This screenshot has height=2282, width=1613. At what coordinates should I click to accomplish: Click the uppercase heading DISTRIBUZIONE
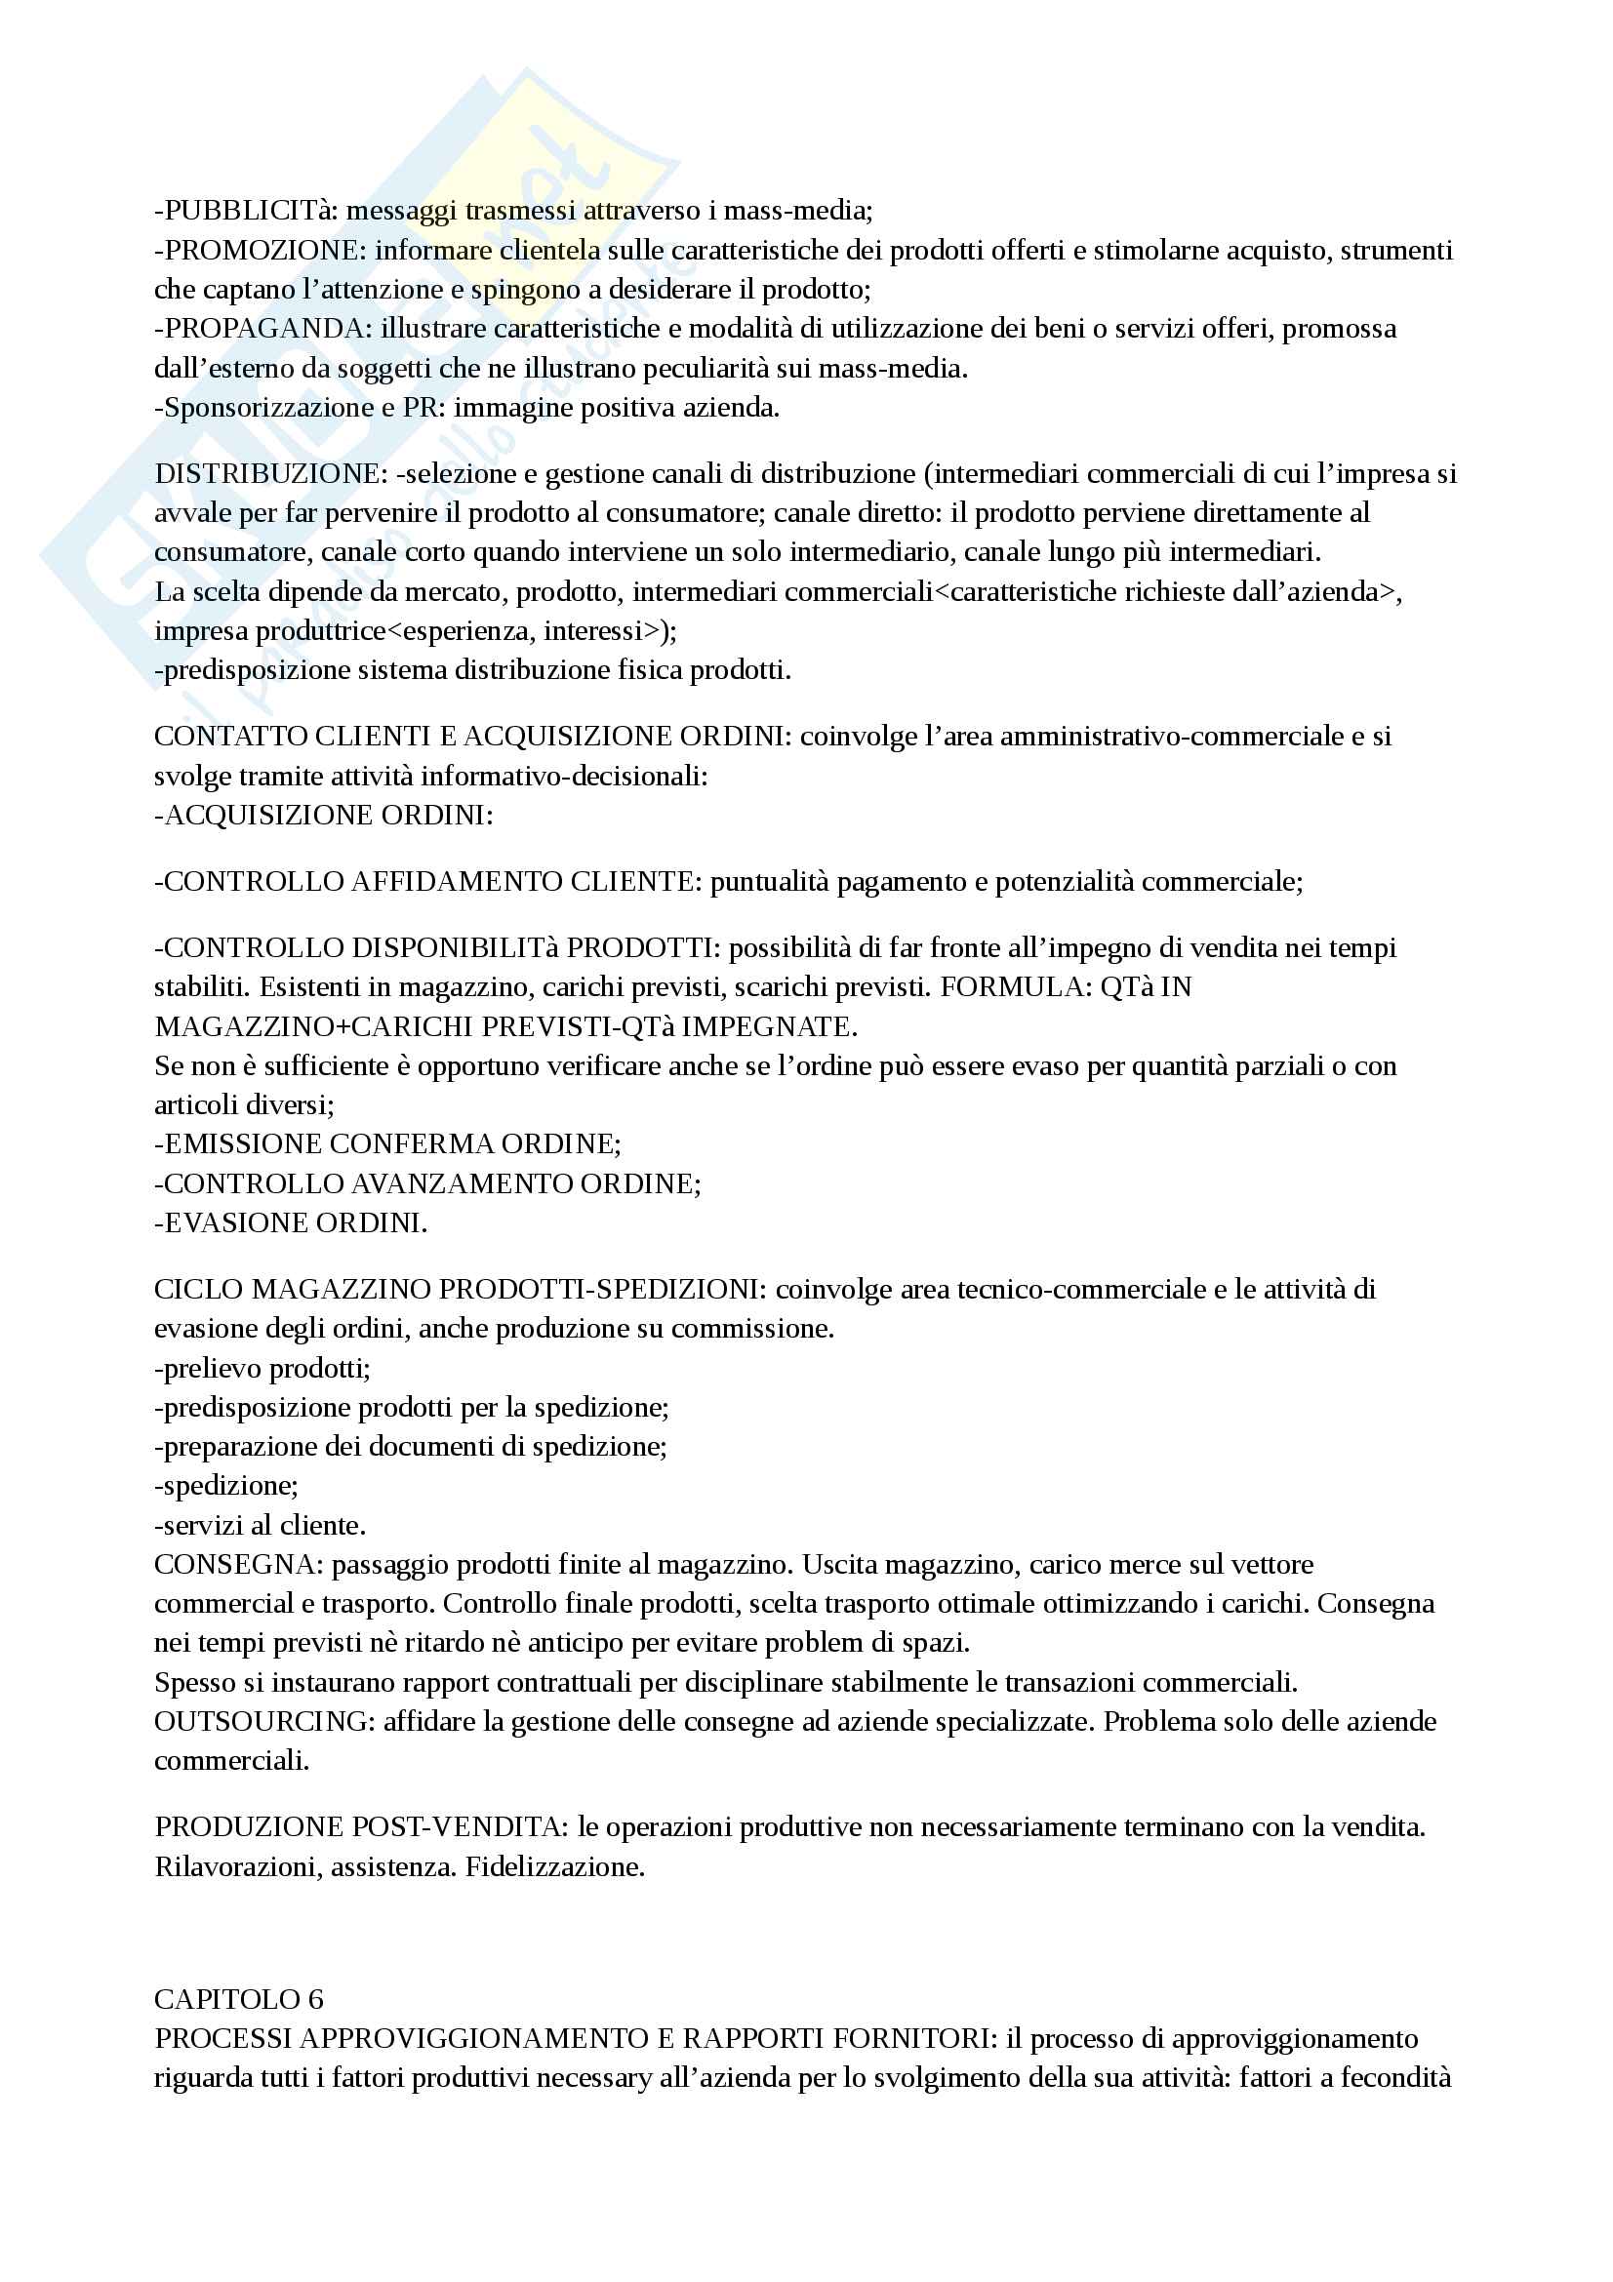(x=266, y=474)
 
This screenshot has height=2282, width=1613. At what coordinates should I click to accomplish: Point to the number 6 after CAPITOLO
(x=315, y=2000)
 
